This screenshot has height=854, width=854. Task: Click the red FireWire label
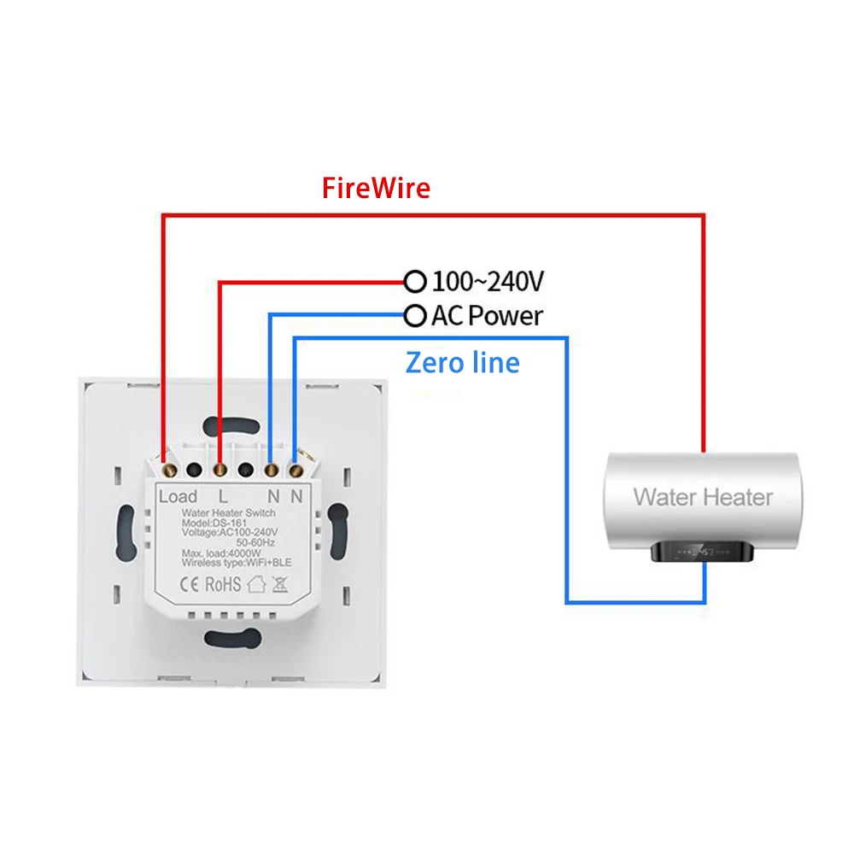pos(376,188)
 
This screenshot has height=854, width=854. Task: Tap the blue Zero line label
pos(462,363)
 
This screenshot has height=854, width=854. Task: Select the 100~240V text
pos(488,281)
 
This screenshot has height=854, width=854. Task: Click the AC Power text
pos(487,317)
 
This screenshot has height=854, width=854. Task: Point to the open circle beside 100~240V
pos(415,281)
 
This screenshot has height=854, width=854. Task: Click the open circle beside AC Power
pos(415,317)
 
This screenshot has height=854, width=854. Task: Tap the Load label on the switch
pos(178,496)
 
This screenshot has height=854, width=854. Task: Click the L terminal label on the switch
pos(223,496)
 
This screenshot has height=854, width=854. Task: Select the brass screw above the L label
pos(221,469)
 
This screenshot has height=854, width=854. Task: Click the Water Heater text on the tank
pos(702,496)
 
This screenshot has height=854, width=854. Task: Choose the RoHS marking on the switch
pos(225,585)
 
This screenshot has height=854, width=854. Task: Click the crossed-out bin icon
pos(280,585)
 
